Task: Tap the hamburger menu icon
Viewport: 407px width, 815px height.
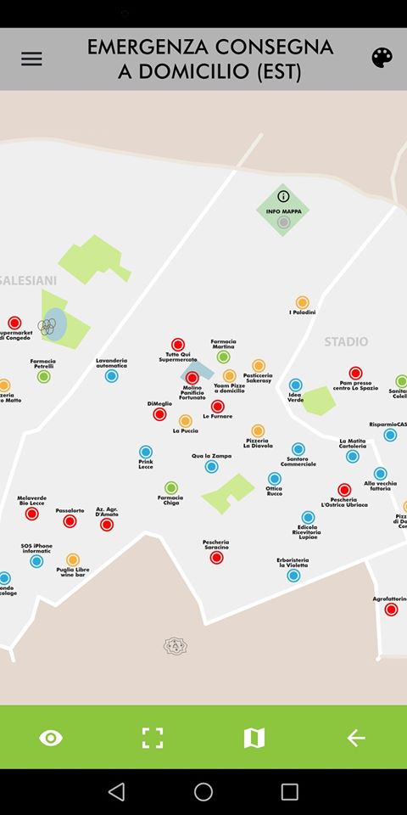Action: [31, 59]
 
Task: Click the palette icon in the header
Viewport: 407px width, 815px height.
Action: [382, 58]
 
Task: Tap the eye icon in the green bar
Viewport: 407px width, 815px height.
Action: [51, 738]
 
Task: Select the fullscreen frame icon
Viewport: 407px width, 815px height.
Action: [153, 738]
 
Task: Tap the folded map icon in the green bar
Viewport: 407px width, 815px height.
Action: [254, 738]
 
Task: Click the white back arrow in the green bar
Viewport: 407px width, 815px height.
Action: [356, 738]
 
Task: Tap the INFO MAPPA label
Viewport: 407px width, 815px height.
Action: [283, 211]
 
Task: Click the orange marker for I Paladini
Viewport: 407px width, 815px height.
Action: [302, 302]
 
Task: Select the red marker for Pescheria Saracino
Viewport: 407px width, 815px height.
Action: [216, 558]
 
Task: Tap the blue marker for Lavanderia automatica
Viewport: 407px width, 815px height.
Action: [111, 375]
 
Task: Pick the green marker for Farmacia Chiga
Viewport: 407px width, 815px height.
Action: [171, 487]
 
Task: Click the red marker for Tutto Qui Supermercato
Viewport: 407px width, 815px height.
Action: [177, 345]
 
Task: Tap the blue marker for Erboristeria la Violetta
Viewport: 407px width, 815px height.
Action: [293, 576]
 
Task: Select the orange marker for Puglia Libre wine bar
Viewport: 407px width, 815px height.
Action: [73, 559]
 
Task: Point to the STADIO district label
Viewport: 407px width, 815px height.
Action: [346, 341]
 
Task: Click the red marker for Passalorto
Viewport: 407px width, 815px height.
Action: [70, 521]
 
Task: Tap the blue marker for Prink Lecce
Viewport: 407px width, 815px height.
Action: [146, 452]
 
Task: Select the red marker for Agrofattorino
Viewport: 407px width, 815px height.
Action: [391, 610]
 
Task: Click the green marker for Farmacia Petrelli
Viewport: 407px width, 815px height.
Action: [43, 376]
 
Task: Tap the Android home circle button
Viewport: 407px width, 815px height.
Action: [203, 791]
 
